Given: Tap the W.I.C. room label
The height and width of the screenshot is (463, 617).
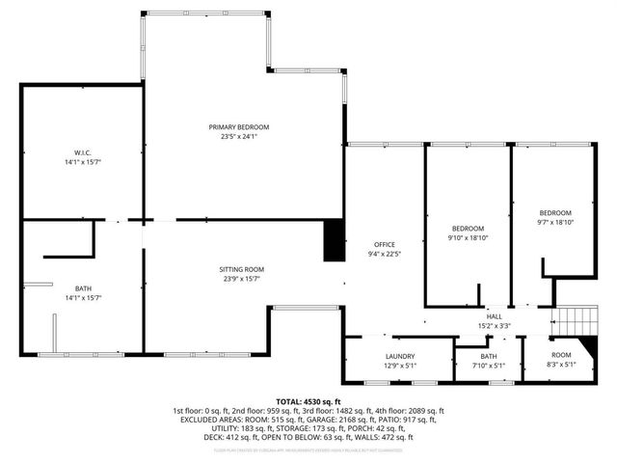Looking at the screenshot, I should coord(82,152).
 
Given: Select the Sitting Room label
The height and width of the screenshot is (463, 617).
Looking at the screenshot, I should coord(241,269).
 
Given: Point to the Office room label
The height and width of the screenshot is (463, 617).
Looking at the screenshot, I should coord(385,244).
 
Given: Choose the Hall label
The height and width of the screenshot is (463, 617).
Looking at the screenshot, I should coord(494,316).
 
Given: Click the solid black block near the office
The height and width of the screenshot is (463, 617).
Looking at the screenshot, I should coord(334,240).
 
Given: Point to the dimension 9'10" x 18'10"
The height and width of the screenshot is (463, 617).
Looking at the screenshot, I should coord(469,237).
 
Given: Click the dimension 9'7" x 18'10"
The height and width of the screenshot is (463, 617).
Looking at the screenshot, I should coord(555,222).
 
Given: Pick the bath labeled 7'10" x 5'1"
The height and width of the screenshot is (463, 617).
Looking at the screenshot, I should coord(489,361).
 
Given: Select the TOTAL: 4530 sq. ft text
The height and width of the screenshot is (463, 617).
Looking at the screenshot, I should coord(308,401).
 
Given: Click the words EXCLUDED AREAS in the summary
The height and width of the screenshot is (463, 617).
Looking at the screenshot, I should coord(214,420).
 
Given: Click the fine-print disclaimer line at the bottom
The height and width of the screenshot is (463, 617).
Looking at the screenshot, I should coord(308,449).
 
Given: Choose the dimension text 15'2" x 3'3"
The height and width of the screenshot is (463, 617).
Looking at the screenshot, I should coord(494,325).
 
